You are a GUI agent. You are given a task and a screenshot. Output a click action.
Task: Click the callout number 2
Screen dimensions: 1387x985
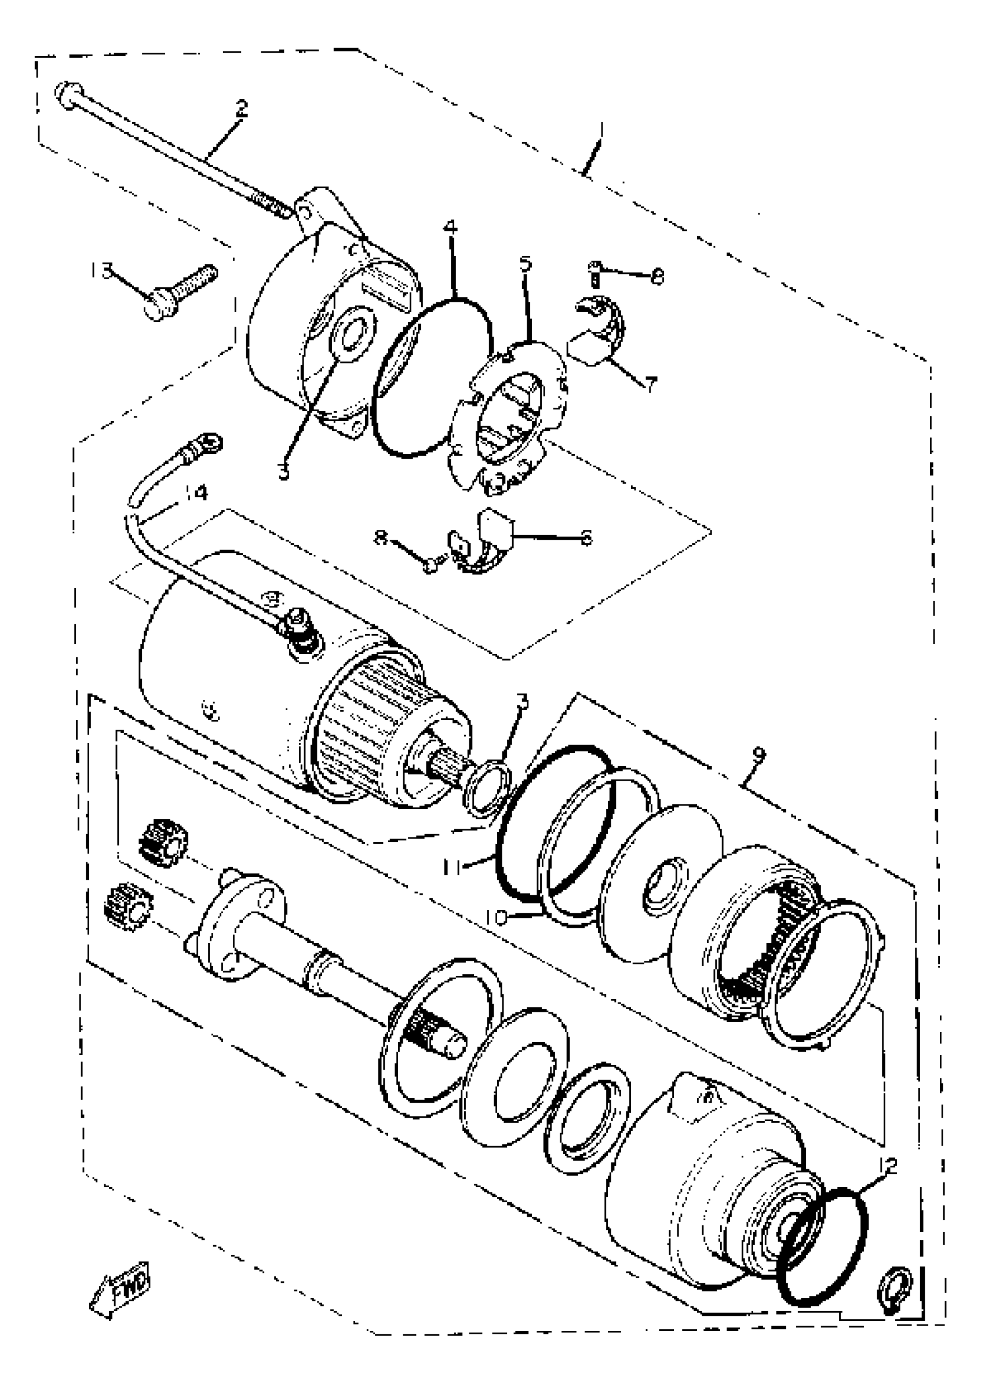pyautogui.click(x=242, y=108)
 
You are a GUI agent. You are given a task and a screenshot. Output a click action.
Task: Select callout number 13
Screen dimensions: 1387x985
pyautogui.click(x=101, y=270)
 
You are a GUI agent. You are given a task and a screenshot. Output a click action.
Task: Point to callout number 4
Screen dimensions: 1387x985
pyautogui.click(x=450, y=228)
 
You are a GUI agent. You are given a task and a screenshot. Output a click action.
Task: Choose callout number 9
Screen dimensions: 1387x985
pyautogui.click(x=758, y=755)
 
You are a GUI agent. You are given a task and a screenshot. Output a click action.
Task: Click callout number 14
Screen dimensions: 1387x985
pyautogui.click(x=195, y=493)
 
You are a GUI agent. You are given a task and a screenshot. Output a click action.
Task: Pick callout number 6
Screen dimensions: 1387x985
pyautogui.click(x=586, y=537)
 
